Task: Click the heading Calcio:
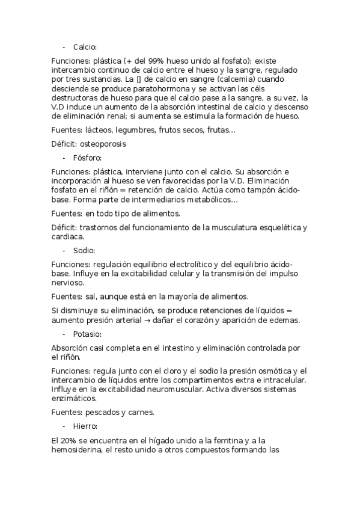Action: tap(85, 47)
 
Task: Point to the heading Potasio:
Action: tap(88, 334)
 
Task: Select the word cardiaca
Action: tap(68, 236)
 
